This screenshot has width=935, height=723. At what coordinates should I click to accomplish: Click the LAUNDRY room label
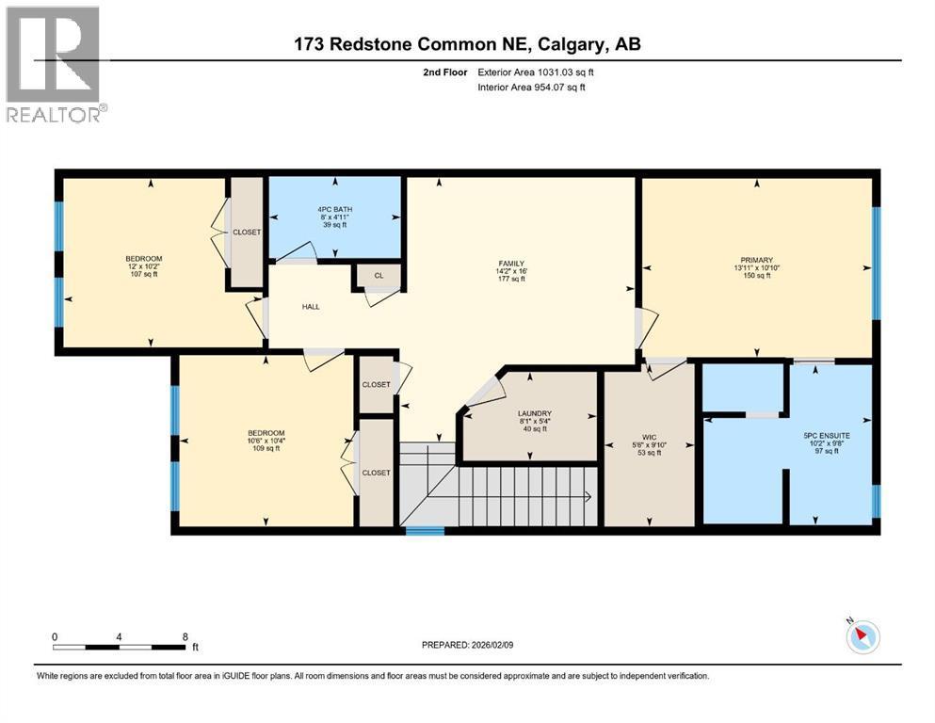(535, 413)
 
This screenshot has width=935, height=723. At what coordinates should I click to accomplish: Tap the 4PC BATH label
(334, 209)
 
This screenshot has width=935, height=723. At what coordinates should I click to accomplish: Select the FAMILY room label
(511, 264)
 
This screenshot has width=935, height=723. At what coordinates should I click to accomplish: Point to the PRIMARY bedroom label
(757, 260)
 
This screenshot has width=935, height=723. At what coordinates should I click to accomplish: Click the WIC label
(650, 438)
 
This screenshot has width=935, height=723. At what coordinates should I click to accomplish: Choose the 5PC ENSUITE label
(827, 436)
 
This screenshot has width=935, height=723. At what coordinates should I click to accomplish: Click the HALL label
(311, 306)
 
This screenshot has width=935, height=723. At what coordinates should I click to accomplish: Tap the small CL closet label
(379, 276)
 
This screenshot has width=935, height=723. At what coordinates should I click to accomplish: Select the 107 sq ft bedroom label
(144, 266)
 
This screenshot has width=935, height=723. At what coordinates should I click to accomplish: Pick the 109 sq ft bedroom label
(266, 441)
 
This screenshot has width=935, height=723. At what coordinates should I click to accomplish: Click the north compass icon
(862, 635)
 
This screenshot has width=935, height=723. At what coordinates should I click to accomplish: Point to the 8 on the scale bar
(185, 636)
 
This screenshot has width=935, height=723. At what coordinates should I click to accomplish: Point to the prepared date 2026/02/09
(492, 645)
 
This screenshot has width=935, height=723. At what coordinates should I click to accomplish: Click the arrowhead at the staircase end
(588, 496)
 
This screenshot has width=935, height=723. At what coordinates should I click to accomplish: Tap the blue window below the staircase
(426, 530)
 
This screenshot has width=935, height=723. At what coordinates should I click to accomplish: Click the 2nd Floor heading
(445, 72)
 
